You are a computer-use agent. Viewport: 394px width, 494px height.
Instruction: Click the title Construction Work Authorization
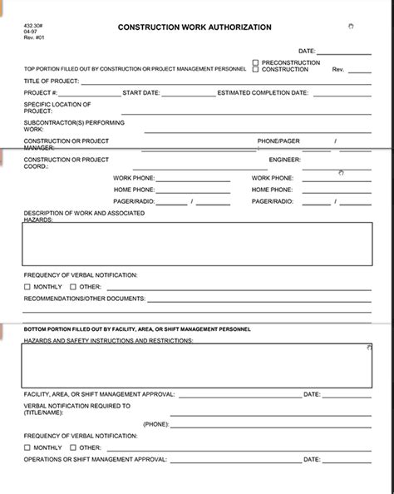pos(196,27)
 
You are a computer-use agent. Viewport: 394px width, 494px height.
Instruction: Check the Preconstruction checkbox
pos(256,62)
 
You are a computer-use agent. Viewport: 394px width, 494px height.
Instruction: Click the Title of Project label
pos(52,80)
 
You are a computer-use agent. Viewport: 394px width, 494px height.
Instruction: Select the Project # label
pos(41,93)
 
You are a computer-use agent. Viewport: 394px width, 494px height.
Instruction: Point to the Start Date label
pos(140,93)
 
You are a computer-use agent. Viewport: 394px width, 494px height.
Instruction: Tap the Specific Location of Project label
pos(57,107)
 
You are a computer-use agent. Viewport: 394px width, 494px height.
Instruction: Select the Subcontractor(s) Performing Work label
pos(62,126)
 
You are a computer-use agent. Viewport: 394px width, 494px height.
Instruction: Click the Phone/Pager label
pos(278,141)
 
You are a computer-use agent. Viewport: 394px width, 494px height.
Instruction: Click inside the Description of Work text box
pos(197,244)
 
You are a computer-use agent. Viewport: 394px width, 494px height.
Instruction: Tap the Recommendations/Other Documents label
pos(84,298)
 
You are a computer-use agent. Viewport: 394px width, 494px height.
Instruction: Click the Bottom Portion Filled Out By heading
pos(136,329)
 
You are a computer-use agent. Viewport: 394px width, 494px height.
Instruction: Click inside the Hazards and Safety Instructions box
pos(197,365)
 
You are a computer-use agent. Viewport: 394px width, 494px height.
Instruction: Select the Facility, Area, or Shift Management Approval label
pos(99,393)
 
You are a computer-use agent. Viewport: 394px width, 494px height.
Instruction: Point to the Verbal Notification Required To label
pos(76,408)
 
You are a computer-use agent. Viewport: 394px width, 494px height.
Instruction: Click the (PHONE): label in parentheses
pos(155,423)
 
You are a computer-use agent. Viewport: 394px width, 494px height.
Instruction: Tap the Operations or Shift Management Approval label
pos(96,458)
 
